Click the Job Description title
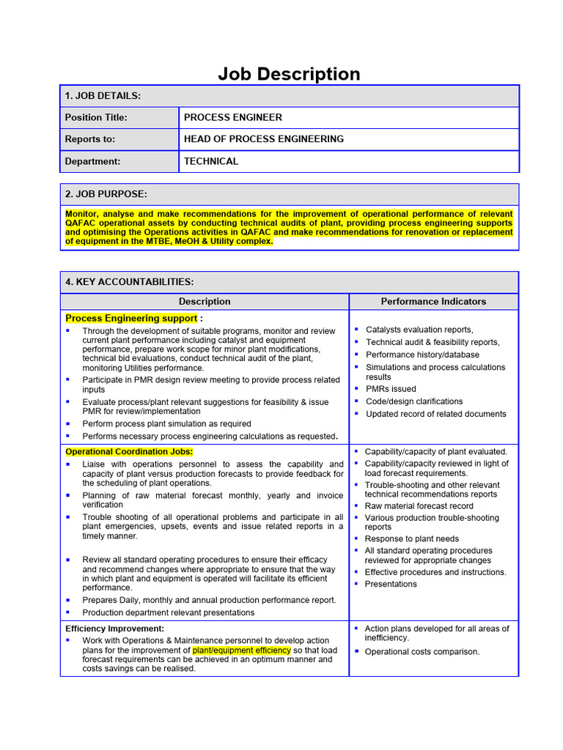pyautogui.click(x=289, y=74)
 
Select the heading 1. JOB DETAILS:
pyautogui.click(x=103, y=96)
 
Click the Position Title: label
pyautogui.click(x=96, y=117)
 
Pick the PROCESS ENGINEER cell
pyautogui.click(x=232, y=117)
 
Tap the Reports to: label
pyautogui.click(x=90, y=139)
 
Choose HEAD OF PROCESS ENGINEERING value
pyautogui.click(x=263, y=139)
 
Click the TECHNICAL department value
pyautogui.click(x=210, y=161)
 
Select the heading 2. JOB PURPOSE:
pyautogui.click(x=106, y=194)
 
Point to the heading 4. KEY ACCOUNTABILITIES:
pyautogui.click(x=129, y=282)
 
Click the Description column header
pyautogui.click(x=205, y=302)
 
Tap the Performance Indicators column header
pyautogui.click(x=433, y=302)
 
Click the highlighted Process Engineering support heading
pyautogui.click(x=131, y=319)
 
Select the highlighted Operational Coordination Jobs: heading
pyautogui.click(x=129, y=452)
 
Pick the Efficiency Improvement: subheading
pyautogui.click(x=114, y=628)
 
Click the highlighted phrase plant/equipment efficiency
pyautogui.click(x=241, y=650)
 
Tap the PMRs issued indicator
pyautogui.click(x=391, y=389)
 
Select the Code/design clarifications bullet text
pyautogui.click(x=414, y=401)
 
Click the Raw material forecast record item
pyautogui.click(x=419, y=506)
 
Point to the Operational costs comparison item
pyautogui.click(x=422, y=652)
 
